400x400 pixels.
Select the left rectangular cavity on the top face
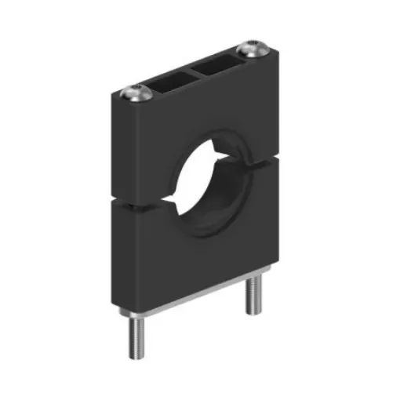point(169,79)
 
